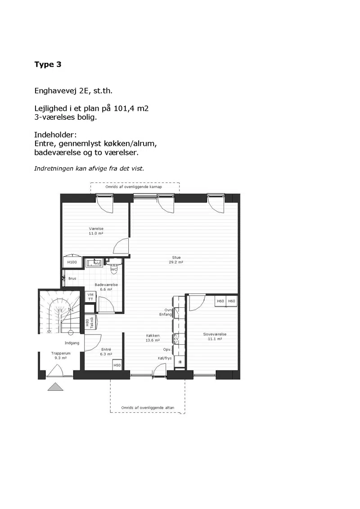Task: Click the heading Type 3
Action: coord(48,64)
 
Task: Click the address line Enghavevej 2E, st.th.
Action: coord(73,91)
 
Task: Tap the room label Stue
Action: coord(176,257)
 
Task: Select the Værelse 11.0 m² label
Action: coord(96,231)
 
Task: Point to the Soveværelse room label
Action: coord(215,334)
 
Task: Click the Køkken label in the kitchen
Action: coord(153,336)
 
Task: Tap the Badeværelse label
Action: coord(106,285)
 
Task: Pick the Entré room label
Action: coord(106,349)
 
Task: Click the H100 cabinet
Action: coord(72,262)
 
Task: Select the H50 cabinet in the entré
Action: coord(117,365)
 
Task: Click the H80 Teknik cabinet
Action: coord(90,323)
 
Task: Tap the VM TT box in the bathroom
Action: coord(90,297)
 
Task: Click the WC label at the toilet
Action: coord(114,269)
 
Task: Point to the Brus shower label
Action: coord(72,279)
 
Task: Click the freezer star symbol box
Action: coord(180,362)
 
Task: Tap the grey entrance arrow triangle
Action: coord(55,387)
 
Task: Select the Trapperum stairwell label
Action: coord(61,353)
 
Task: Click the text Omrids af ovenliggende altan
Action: coord(148,408)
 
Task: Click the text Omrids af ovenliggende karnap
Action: coord(134,187)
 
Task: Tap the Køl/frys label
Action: coord(165,358)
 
